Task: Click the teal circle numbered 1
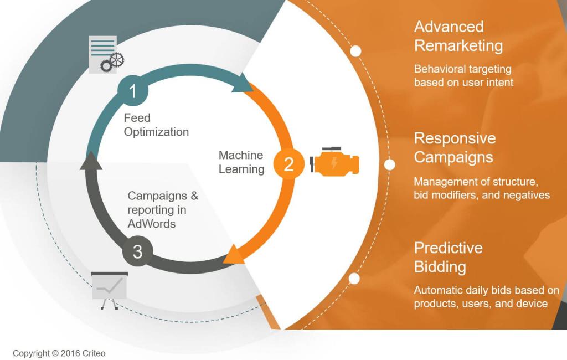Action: tap(133, 90)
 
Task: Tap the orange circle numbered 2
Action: tap(288, 164)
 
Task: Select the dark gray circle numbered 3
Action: tap(137, 251)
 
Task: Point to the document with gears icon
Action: tap(105, 55)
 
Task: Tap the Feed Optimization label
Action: tap(156, 125)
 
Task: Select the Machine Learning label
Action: tap(241, 162)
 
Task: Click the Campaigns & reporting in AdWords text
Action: tap(163, 210)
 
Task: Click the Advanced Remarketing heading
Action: tap(458, 36)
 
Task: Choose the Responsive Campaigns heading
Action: tap(455, 147)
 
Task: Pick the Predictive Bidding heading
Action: tap(448, 257)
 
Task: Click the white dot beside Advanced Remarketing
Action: tap(355, 51)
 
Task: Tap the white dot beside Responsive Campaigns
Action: tap(390, 164)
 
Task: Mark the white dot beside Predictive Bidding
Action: tap(354, 279)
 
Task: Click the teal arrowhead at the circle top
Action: tap(241, 84)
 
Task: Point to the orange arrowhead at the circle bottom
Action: tap(233, 255)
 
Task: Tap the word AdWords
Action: tap(151, 224)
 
